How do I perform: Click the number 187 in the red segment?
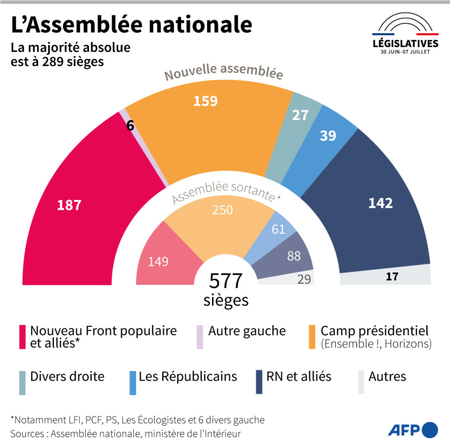pyautogui.click(x=69, y=205)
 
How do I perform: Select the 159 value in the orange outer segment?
pyautogui.click(x=205, y=101)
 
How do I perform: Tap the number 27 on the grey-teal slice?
pyautogui.click(x=300, y=115)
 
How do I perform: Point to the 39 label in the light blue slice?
pyautogui.click(x=327, y=136)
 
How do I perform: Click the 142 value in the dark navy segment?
pyautogui.click(x=380, y=203)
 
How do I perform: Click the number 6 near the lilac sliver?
pyautogui.click(x=130, y=125)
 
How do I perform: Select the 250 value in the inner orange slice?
pyautogui.click(x=223, y=210)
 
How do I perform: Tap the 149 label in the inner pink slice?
pyautogui.click(x=158, y=261)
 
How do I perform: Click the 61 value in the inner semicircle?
pyautogui.click(x=278, y=229)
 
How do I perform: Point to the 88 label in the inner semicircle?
pyautogui.click(x=294, y=256)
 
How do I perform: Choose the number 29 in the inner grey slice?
pyautogui.click(x=304, y=278)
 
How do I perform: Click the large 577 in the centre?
pyautogui.click(x=226, y=280)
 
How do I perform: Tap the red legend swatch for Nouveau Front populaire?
pyautogui.click(x=22, y=337)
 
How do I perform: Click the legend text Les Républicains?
pyautogui.click(x=188, y=377)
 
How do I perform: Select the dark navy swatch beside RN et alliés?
pyautogui.click(x=259, y=382)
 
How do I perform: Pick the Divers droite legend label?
pyautogui.click(x=67, y=377)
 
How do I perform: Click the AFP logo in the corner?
pyautogui.click(x=413, y=429)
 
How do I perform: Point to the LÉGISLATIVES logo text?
pyautogui.click(x=405, y=44)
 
